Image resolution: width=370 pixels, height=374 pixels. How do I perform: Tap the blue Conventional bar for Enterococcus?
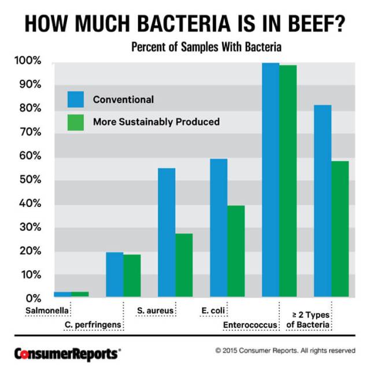coord(271,180)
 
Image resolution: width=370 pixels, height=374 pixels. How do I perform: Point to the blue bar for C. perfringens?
coord(114,275)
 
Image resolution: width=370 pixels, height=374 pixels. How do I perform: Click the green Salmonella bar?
coord(80,294)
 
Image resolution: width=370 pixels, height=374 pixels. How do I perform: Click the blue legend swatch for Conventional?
coord(76,99)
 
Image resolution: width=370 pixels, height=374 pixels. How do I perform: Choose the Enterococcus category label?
coord(250,325)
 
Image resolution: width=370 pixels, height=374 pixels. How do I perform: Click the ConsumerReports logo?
coord(68,352)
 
